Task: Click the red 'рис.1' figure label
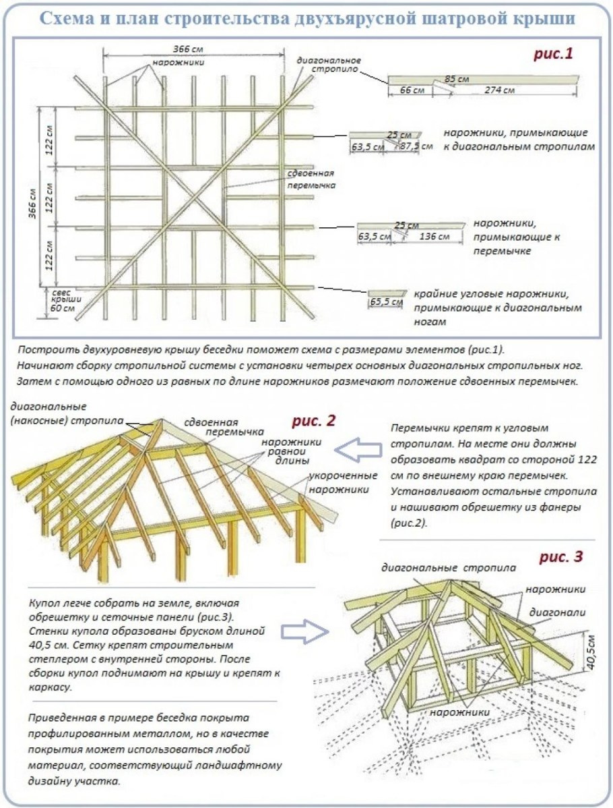click(553, 54)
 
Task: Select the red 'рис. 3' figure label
click(560, 557)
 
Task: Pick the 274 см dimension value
click(499, 90)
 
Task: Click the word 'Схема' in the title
click(71, 18)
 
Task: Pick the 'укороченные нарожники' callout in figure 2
click(340, 482)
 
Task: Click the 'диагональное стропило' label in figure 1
click(327, 64)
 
